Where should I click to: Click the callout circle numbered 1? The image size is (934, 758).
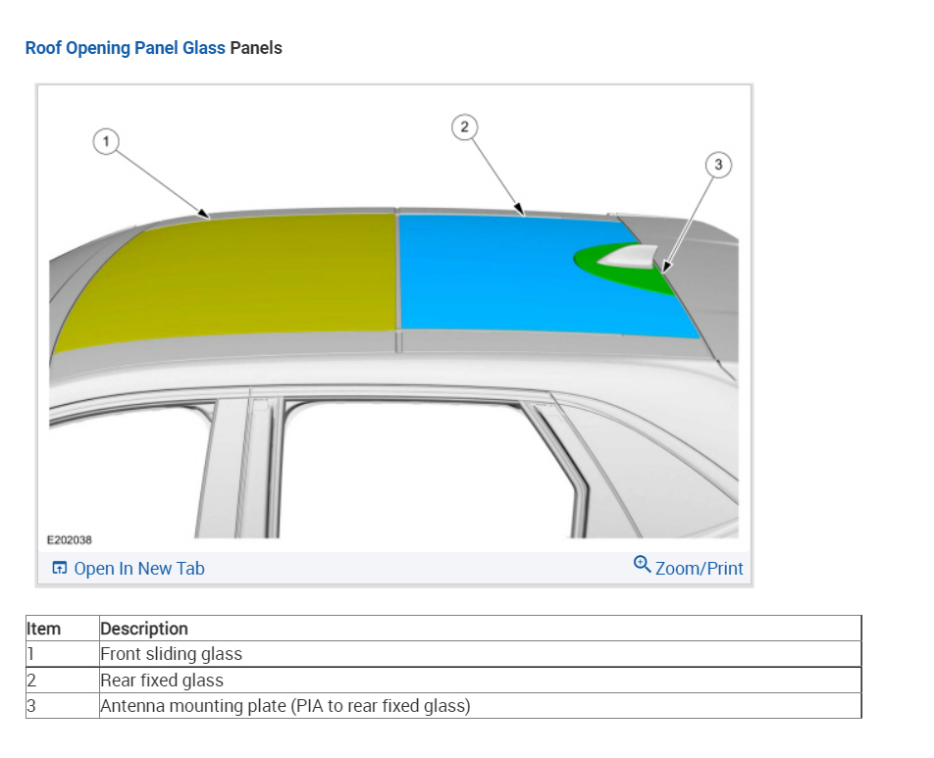(106, 142)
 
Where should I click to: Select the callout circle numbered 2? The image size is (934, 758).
(464, 126)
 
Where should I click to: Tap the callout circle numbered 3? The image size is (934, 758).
(718, 165)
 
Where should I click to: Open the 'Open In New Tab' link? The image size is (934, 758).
(139, 569)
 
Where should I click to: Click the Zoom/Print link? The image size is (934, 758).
(699, 569)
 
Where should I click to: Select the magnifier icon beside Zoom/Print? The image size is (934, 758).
(643, 565)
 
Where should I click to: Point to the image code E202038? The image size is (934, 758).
(70, 540)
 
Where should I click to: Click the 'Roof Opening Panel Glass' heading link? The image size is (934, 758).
(125, 47)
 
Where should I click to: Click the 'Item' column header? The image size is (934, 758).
(43, 629)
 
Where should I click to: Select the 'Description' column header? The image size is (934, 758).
(144, 629)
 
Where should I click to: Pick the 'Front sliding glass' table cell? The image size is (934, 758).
(172, 654)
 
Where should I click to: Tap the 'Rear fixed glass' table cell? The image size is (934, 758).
(162, 681)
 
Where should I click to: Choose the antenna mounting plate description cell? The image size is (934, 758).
(285, 706)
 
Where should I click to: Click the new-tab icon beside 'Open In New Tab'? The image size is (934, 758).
(60, 569)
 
